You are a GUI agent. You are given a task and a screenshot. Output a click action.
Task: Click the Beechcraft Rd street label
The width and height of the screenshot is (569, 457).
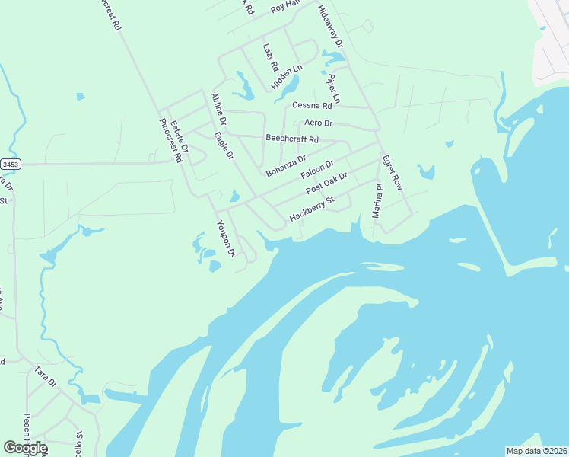292,139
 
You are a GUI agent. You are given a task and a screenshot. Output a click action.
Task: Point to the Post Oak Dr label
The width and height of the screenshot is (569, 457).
326,184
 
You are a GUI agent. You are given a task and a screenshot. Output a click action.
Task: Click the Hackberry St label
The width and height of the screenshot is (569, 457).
312,210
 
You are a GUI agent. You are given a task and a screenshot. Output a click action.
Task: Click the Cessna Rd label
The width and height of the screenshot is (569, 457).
313,106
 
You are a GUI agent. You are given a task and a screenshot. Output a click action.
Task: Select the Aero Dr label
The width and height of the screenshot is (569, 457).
319,123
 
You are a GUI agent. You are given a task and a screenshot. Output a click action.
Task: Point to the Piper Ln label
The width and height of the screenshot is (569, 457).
335,89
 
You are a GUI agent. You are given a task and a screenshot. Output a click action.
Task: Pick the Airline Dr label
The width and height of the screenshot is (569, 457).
218,109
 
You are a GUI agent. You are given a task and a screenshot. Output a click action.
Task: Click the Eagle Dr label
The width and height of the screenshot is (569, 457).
224,146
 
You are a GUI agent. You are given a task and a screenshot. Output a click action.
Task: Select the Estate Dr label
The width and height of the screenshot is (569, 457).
178,136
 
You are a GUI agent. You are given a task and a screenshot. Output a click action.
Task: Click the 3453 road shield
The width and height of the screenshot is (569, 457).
10,164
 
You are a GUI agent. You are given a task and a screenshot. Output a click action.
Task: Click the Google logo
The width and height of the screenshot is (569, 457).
25,447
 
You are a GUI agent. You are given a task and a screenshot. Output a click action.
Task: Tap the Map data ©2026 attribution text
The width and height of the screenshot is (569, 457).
536,451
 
